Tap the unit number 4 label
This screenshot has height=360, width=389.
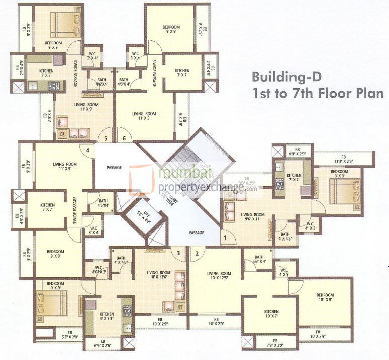(x=88, y=150)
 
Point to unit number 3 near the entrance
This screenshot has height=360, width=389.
(x=178, y=253)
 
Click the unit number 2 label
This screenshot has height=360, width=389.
(x=197, y=253)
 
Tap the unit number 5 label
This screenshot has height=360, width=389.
(x=106, y=138)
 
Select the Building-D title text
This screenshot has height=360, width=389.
(x=285, y=78)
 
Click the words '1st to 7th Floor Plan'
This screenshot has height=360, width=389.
(x=318, y=93)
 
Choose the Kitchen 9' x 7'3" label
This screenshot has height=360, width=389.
(x=107, y=316)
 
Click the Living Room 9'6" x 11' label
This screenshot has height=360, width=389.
(x=246, y=217)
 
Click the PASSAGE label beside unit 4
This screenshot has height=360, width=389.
(x=115, y=167)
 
